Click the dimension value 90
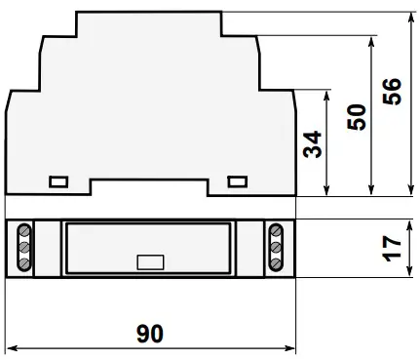(x=150, y=334)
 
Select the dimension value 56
(x=392, y=92)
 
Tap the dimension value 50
(x=357, y=117)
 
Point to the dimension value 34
(x=312, y=144)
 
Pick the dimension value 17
(x=392, y=249)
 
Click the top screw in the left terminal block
(x=24, y=231)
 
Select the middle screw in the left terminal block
(x=24, y=248)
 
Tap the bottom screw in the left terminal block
(x=24, y=262)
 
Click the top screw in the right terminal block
(x=276, y=231)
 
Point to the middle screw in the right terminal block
(x=276, y=247)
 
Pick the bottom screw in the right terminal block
(x=276, y=262)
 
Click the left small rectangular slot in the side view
(x=58, y=181)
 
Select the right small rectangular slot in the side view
(x=238, y=181)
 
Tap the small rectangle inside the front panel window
(x=150, y=262)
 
